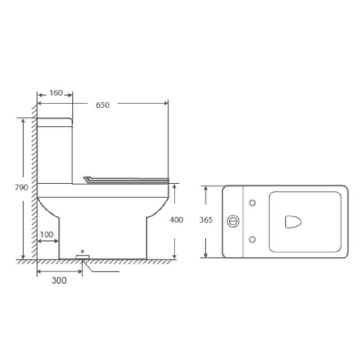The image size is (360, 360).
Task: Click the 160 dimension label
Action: [x=56, y=93]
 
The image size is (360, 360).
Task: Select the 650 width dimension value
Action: [x=103, y=105]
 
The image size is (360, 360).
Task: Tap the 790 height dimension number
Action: [x=21, y=188]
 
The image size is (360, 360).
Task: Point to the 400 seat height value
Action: [x=176, y=220]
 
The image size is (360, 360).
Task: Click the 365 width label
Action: [x=206, y=220]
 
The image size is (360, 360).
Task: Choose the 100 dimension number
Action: [x=47, y=234]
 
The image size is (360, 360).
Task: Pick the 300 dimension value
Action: [x=59, y=280]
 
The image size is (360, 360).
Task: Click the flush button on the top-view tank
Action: [x=233, y=221]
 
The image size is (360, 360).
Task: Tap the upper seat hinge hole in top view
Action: [x=252, y=203]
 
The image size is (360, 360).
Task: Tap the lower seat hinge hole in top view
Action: [x=252, y=239]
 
